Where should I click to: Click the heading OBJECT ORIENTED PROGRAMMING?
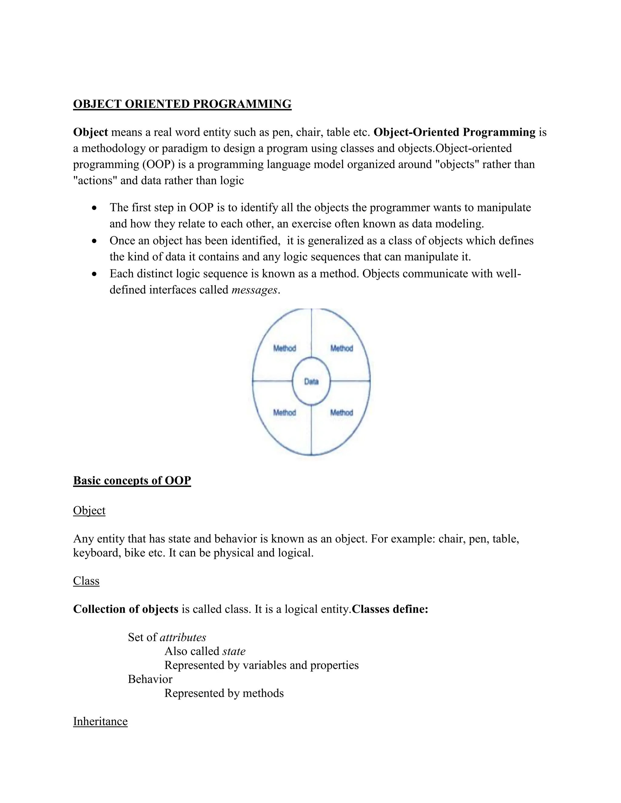[x=182, y=104]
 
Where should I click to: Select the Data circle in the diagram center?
[x=311, y=382]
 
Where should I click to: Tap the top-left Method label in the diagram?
[x=284, y=348]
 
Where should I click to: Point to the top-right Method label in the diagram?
[x=341, y=348]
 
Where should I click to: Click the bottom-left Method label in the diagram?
[x=284, y=412]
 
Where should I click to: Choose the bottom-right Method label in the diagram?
[x=341, y=412]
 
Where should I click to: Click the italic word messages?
[x=254, y=290]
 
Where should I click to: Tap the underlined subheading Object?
[x=89, y=510]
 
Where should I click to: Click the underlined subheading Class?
[x=86, y=581]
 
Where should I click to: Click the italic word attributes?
[x=183, y=637]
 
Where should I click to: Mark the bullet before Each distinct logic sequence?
[x=95, y=274]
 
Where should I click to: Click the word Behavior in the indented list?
[x=150, y=679]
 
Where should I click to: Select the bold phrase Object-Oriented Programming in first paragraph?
[x=454, y=132]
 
